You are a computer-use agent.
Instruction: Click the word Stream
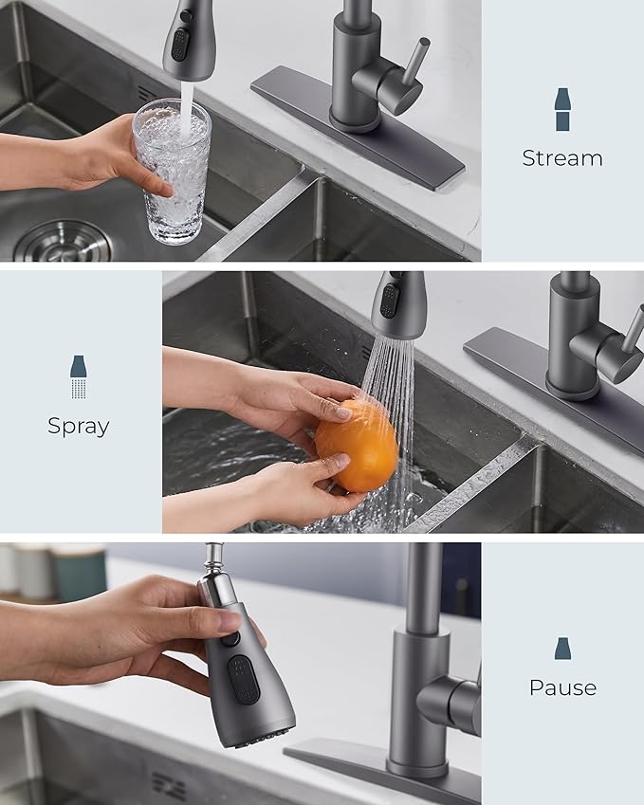561,158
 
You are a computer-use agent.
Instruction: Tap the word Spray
79,426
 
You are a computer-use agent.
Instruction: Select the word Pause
562,687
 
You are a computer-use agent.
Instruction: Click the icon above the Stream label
562,109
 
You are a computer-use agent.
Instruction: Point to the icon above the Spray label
79,376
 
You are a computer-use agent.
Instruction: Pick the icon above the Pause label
562,649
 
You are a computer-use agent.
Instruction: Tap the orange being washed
357,446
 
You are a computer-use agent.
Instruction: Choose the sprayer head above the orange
396,305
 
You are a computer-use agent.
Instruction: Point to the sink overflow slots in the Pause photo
170,785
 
